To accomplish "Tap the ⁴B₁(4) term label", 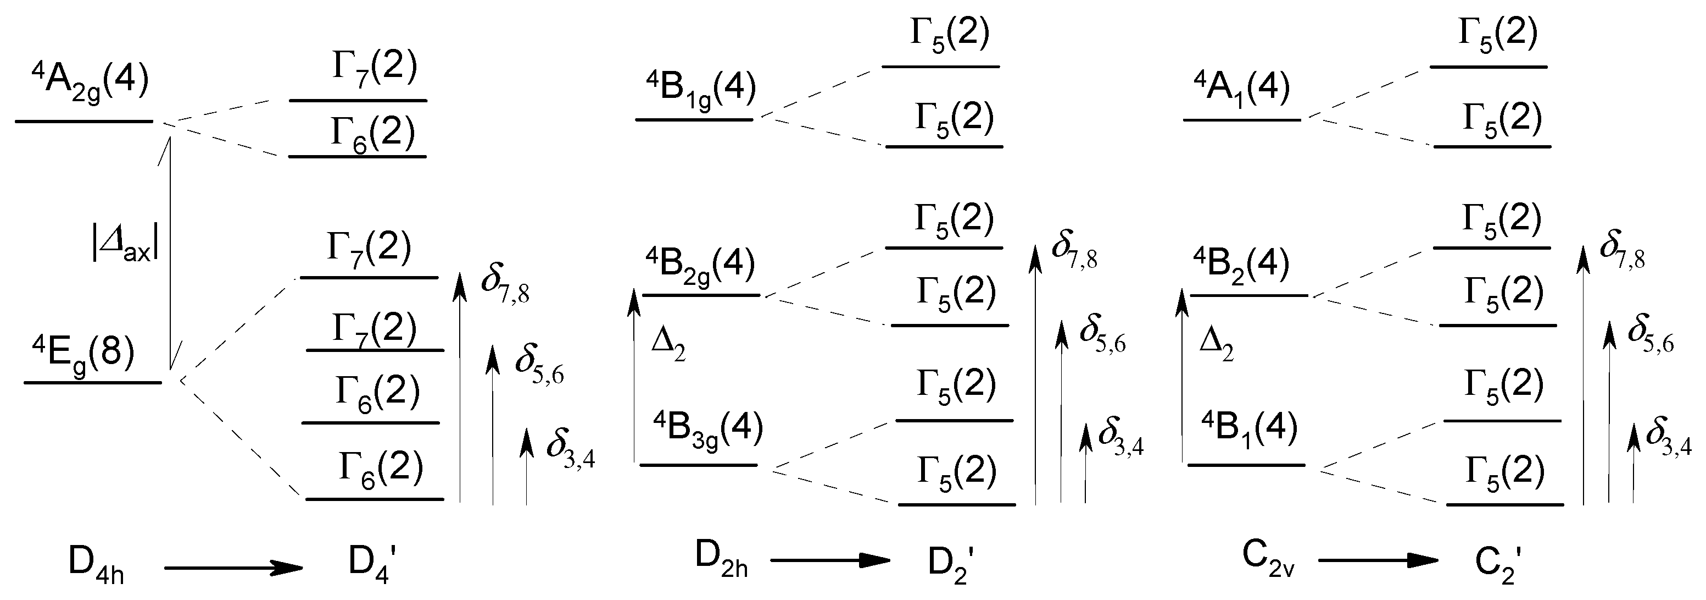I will (1249, 429).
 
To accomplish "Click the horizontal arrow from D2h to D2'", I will (830, 560).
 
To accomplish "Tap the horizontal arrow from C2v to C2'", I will (1378, 560).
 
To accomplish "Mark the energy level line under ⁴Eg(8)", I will (93, 383).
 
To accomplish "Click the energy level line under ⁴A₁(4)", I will (1242, 120).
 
